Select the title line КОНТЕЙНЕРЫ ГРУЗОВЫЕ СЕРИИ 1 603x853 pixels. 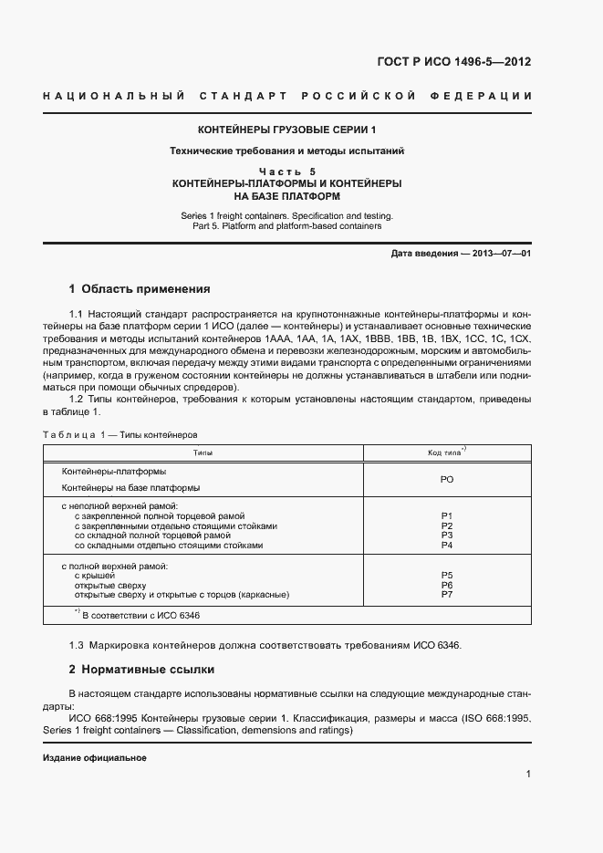coord(286,130)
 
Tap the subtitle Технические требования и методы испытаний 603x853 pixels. coord(286,151)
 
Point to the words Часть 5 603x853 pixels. coord(286,172)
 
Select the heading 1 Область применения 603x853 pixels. coord(140,288)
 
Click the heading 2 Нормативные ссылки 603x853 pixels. coord(141,669)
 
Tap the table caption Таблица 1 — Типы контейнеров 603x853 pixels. coord(120,435)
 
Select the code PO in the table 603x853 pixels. coord(447,479)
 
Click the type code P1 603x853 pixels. coord(447,516)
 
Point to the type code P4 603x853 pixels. coord(447,546)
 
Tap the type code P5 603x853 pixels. coord(447,576)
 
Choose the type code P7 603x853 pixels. coord(447,595)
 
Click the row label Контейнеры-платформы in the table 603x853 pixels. coord(113,472)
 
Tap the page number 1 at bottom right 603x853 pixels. coord(528,774)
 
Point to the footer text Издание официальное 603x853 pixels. coord(95,758)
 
